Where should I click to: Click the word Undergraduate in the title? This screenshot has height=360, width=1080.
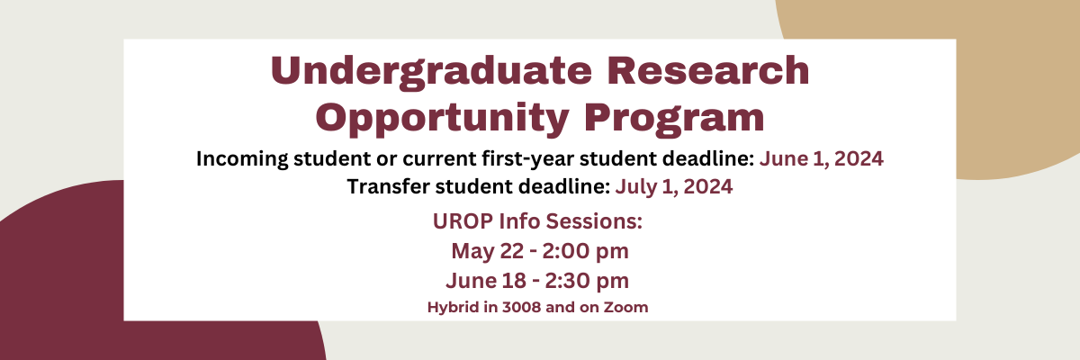pyautogui.click(x=431, y=71)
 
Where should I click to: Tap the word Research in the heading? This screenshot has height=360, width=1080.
pyautogui.click(x=707, y=70)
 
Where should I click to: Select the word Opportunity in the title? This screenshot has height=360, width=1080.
pyautogui.click(x=442, y=119)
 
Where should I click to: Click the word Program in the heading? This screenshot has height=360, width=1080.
pyautogui.click(x=674, y=119)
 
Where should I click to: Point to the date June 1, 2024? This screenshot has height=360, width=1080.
pyautogui.click(x=822, y=158)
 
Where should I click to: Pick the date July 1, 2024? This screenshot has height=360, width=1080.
pyautogui.click(x=674, y=186)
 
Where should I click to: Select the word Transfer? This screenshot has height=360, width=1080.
pyautogui.click(x=388, y=186)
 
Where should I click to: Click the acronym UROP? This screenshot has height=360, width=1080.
pyautogui.click(x=463, y=221)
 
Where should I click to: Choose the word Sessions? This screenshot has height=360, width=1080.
pyautogui.click(x=594, y=221)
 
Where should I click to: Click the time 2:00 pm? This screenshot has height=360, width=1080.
pyautogui.click(x=585, y=251)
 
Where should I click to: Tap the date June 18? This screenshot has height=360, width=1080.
pyautogui.click(x=486, y=281)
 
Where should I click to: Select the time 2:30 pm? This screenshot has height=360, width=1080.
pyautogui.click(x=587, y=281)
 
